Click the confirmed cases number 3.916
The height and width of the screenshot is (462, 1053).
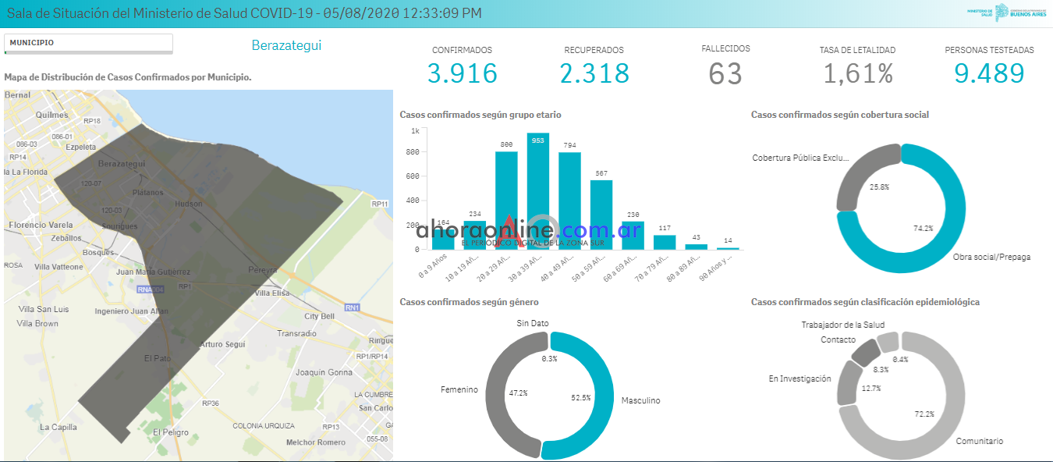(x=462, y=73)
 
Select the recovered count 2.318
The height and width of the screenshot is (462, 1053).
(x=594, y=73)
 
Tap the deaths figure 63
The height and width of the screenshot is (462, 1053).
(x=725, y=73)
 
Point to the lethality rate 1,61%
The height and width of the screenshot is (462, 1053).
(x=858, y=73)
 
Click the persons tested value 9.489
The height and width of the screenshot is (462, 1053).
(x=989, y=73)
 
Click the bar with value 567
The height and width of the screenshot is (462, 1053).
(x=601, y=215)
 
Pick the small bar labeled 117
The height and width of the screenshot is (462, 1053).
(x=665, y=242)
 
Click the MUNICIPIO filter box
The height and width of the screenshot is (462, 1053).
(x=88, y=43)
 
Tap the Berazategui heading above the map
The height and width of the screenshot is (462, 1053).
(x=286, y=45)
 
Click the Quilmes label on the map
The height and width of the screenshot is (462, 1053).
(x=52, y=114)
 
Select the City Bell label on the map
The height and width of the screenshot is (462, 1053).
(x=319, y=316)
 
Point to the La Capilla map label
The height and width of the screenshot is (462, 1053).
(x=58, y=427)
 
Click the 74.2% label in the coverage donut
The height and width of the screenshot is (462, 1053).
(x=923, y=229)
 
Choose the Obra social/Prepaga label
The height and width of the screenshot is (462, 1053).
(x=991, y=257)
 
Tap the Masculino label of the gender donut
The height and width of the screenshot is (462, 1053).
(x=640, y=400)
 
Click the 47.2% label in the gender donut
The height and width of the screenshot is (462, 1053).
(x=518, y=393)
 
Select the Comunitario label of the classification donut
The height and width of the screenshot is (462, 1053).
(x=980, y=441)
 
